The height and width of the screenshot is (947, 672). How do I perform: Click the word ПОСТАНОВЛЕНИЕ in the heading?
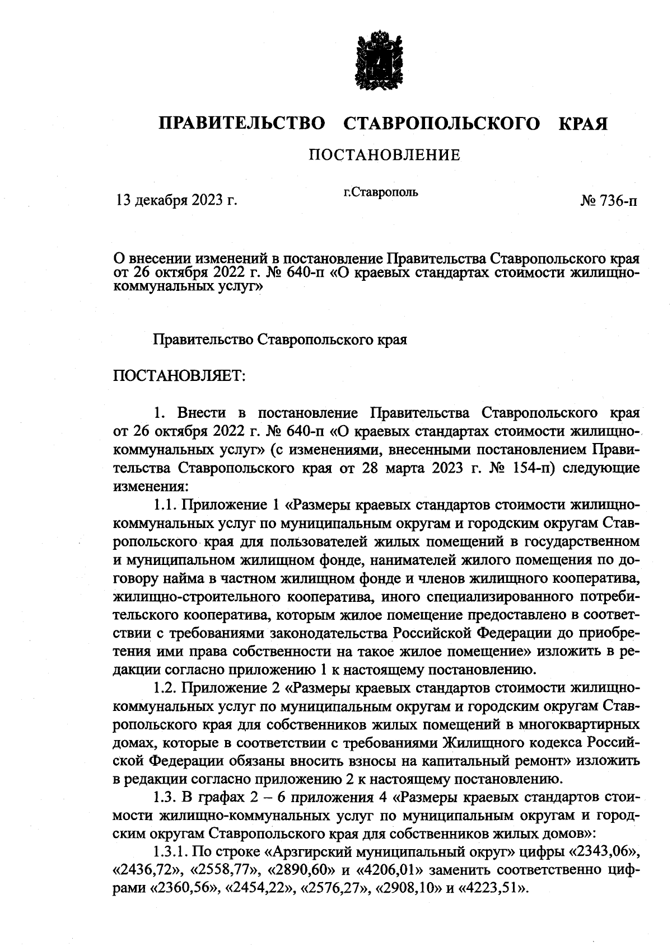tap(384, 155)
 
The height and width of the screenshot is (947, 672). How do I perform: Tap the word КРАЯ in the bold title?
tap(582, 123)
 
